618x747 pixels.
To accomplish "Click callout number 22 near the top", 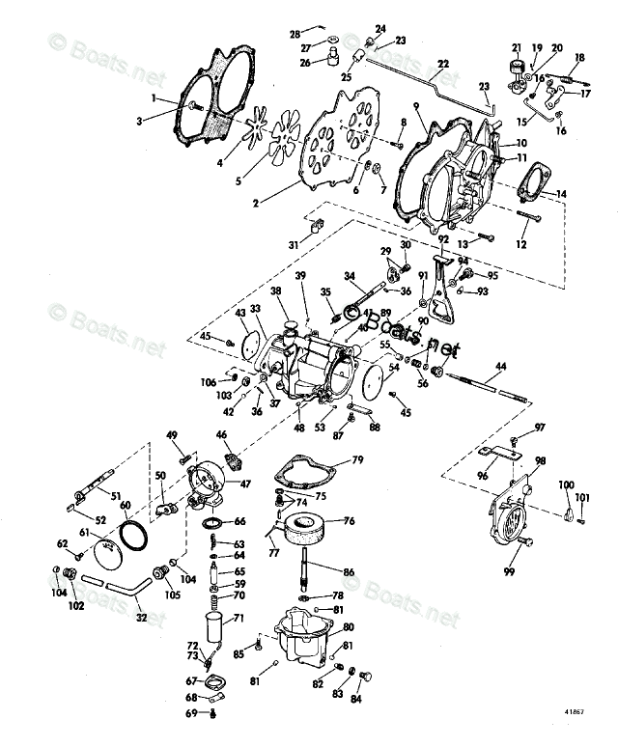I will pyautogui.click(x=443, y=65).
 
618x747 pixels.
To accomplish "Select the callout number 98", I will pyautogui.click(x=540, y=460).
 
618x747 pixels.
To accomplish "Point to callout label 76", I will pyautogui.click(x=349, y=521).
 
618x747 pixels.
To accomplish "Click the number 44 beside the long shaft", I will pyautogui.click(x=499, y=366).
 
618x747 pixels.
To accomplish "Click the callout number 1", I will pyautogui.click(x=153, y=98).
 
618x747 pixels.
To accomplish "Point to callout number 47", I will pyautogui.click(x=246, y=484).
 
